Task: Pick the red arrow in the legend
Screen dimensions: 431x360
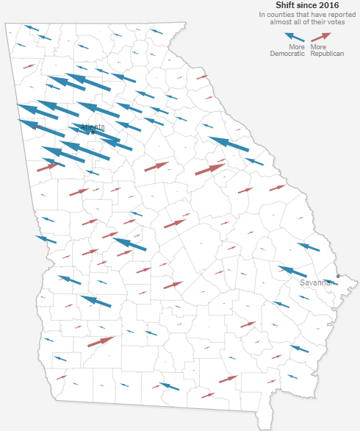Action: coord(320,36)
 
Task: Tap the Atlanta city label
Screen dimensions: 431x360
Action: coord(93,127)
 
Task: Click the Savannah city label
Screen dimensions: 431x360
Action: coord(317,282)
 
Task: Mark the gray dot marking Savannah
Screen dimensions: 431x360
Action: coord(338,277)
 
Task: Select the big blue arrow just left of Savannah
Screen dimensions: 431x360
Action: coord(292,271)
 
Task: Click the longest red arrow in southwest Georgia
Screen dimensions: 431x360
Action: coord(101,341)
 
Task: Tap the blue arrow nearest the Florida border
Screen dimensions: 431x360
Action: coord(168,386)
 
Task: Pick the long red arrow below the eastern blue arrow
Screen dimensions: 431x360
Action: coord(211,169)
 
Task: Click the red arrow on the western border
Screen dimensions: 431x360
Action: coord(48,166)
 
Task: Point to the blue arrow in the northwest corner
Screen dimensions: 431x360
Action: coord(32,29)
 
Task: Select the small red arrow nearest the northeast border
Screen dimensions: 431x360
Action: coord(201,76)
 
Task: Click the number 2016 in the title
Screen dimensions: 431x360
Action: coord(323,5)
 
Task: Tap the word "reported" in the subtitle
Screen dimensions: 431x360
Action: coord(330,14)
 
